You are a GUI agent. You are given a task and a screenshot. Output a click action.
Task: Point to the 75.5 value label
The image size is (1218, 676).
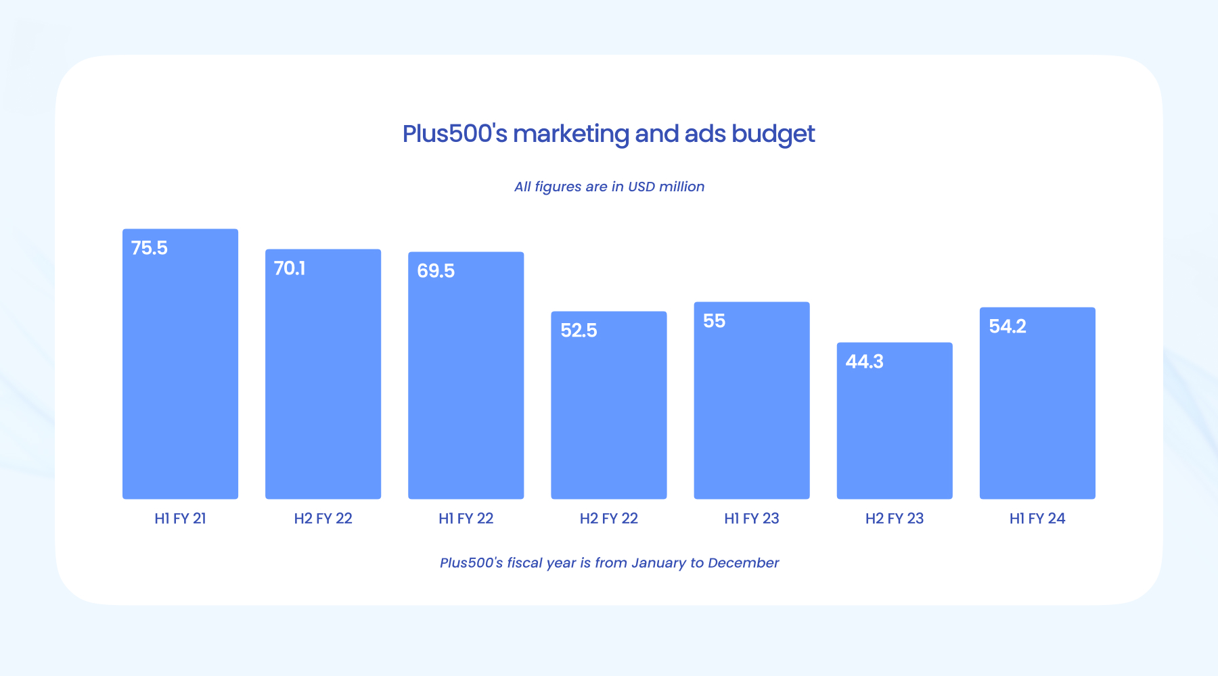[150, 248]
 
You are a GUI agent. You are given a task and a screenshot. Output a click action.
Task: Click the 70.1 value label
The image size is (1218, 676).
[290, 268]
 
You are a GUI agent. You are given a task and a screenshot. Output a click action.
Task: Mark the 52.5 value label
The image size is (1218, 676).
[579, 331]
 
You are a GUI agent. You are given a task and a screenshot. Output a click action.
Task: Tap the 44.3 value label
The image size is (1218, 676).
[864, 362]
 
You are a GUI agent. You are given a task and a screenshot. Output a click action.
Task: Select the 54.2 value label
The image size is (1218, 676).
[1008, 327]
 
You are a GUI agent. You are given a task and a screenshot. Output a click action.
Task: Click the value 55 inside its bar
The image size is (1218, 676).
[714, 321]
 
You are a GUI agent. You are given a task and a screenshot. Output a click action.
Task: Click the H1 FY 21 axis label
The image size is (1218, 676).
[180, 518]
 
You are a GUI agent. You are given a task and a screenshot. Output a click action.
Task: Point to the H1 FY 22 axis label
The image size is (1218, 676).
[466, 518]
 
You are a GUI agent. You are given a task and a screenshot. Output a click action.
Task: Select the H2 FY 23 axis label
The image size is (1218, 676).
[895, 518]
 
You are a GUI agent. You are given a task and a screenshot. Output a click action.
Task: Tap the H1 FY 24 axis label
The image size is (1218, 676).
[1037, 518]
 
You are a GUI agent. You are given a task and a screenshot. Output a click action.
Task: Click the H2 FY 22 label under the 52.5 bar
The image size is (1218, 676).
[609, 518]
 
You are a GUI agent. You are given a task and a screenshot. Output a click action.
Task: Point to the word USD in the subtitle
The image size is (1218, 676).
[642, 187]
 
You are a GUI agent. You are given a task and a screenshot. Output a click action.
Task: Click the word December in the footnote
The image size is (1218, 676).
[743, 562]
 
